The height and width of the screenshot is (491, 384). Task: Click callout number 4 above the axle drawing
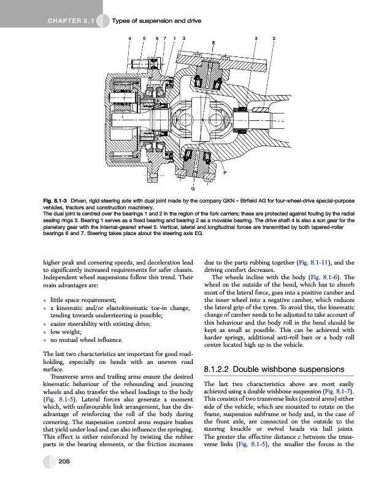pos(129,39)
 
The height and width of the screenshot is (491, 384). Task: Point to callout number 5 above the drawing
pos(144,39)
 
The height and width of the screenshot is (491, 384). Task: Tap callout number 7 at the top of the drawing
pos(165,39)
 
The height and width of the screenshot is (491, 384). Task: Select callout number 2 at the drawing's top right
pos(274,39)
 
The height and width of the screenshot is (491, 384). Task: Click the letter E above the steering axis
pos(213,43)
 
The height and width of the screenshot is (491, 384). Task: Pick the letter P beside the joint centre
pos(225,174)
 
